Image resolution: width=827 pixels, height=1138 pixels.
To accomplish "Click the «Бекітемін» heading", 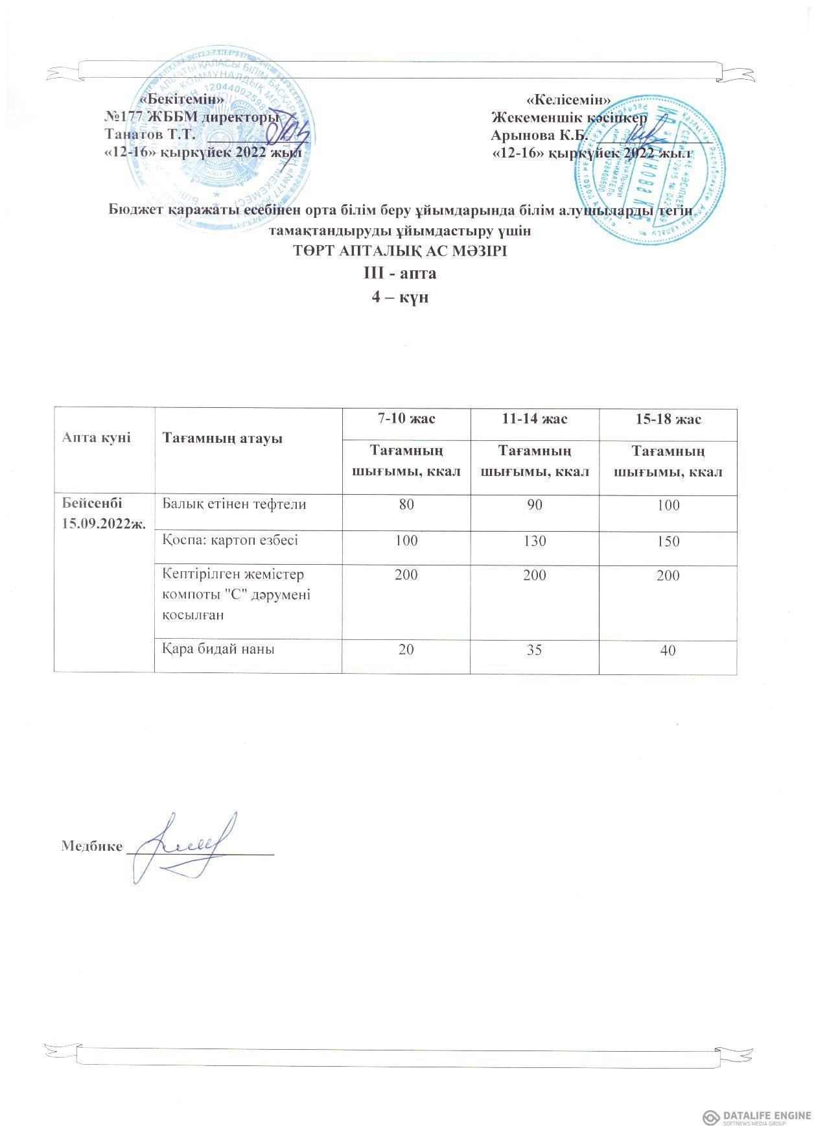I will point(184,99).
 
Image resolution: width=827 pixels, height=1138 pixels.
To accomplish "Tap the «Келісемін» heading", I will point(569,99).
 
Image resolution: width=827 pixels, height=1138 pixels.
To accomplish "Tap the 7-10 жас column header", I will point(406,419).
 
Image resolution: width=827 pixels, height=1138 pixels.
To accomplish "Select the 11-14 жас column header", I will point(533,419).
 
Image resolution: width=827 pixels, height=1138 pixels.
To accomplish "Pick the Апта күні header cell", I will point(96,438).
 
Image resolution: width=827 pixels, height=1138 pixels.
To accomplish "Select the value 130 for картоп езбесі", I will point(535,540).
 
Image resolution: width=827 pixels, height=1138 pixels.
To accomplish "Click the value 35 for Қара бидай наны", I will point(535,649).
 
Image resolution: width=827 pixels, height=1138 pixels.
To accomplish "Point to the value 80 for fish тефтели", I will point(406,504).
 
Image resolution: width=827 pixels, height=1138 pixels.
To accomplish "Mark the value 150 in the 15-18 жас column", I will point(668,541).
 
